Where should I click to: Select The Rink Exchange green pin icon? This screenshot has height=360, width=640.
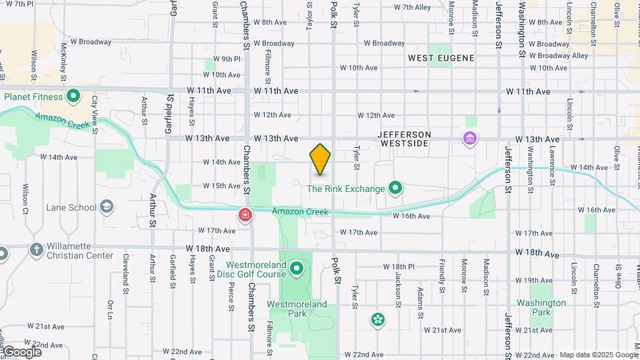click(395, 189)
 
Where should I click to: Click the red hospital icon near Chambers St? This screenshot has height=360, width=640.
click(245, 215)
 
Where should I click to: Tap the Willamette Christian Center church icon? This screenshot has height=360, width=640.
click(36, 249)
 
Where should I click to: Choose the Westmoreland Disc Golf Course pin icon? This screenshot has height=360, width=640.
click(297, 270)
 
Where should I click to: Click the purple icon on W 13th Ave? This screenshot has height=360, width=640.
click(470, 139)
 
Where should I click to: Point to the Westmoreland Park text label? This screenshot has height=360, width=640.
click(297, 308)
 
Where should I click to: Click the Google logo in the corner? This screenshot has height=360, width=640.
click(22, 351)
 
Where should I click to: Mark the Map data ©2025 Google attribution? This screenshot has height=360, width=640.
click(598, 355)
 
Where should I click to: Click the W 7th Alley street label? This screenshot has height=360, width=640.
click(413, 7)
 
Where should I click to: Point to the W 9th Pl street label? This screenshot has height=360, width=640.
click(227, 59)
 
